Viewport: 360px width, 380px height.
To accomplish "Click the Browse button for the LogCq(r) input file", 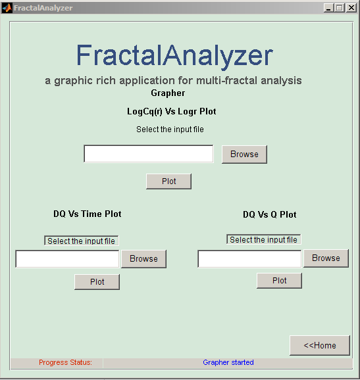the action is point(244,154).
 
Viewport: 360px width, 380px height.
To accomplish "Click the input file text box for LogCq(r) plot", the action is point(149,154).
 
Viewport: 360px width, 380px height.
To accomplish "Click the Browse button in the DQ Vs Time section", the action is point(143,259).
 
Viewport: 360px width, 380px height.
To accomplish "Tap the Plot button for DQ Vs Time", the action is point(97,282).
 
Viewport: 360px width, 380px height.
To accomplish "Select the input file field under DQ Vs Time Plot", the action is point(67,259).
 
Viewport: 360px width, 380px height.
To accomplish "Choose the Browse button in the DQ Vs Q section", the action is point(326,258).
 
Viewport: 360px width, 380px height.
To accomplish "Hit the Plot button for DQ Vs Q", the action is point(279,281).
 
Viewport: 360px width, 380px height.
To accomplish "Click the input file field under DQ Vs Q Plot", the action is point(249,259).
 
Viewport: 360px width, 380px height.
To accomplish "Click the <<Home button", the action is point(320,345).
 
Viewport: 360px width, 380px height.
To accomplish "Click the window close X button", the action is point(351,8).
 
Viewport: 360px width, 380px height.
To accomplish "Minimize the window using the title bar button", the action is point(328,8).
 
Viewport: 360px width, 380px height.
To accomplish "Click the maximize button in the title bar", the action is point(340,8).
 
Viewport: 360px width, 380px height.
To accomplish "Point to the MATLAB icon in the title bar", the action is point(7,8).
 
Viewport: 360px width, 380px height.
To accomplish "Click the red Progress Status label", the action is point(65,362).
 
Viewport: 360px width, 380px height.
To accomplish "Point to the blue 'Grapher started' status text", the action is point(228,362).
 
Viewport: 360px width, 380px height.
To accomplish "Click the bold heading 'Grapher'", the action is point(168,93).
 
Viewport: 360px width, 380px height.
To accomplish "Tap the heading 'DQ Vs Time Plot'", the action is point(88,214).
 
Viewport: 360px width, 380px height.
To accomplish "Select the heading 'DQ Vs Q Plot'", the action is point(270,214).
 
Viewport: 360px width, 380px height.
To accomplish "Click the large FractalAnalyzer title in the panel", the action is point(174,55).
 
